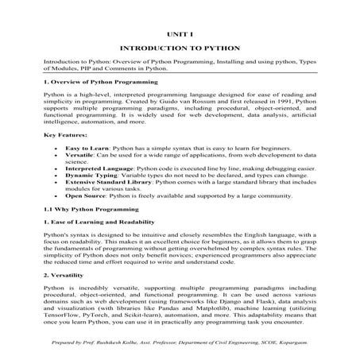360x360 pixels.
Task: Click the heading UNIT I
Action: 180,36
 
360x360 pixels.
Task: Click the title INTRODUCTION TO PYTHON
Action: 180,48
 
